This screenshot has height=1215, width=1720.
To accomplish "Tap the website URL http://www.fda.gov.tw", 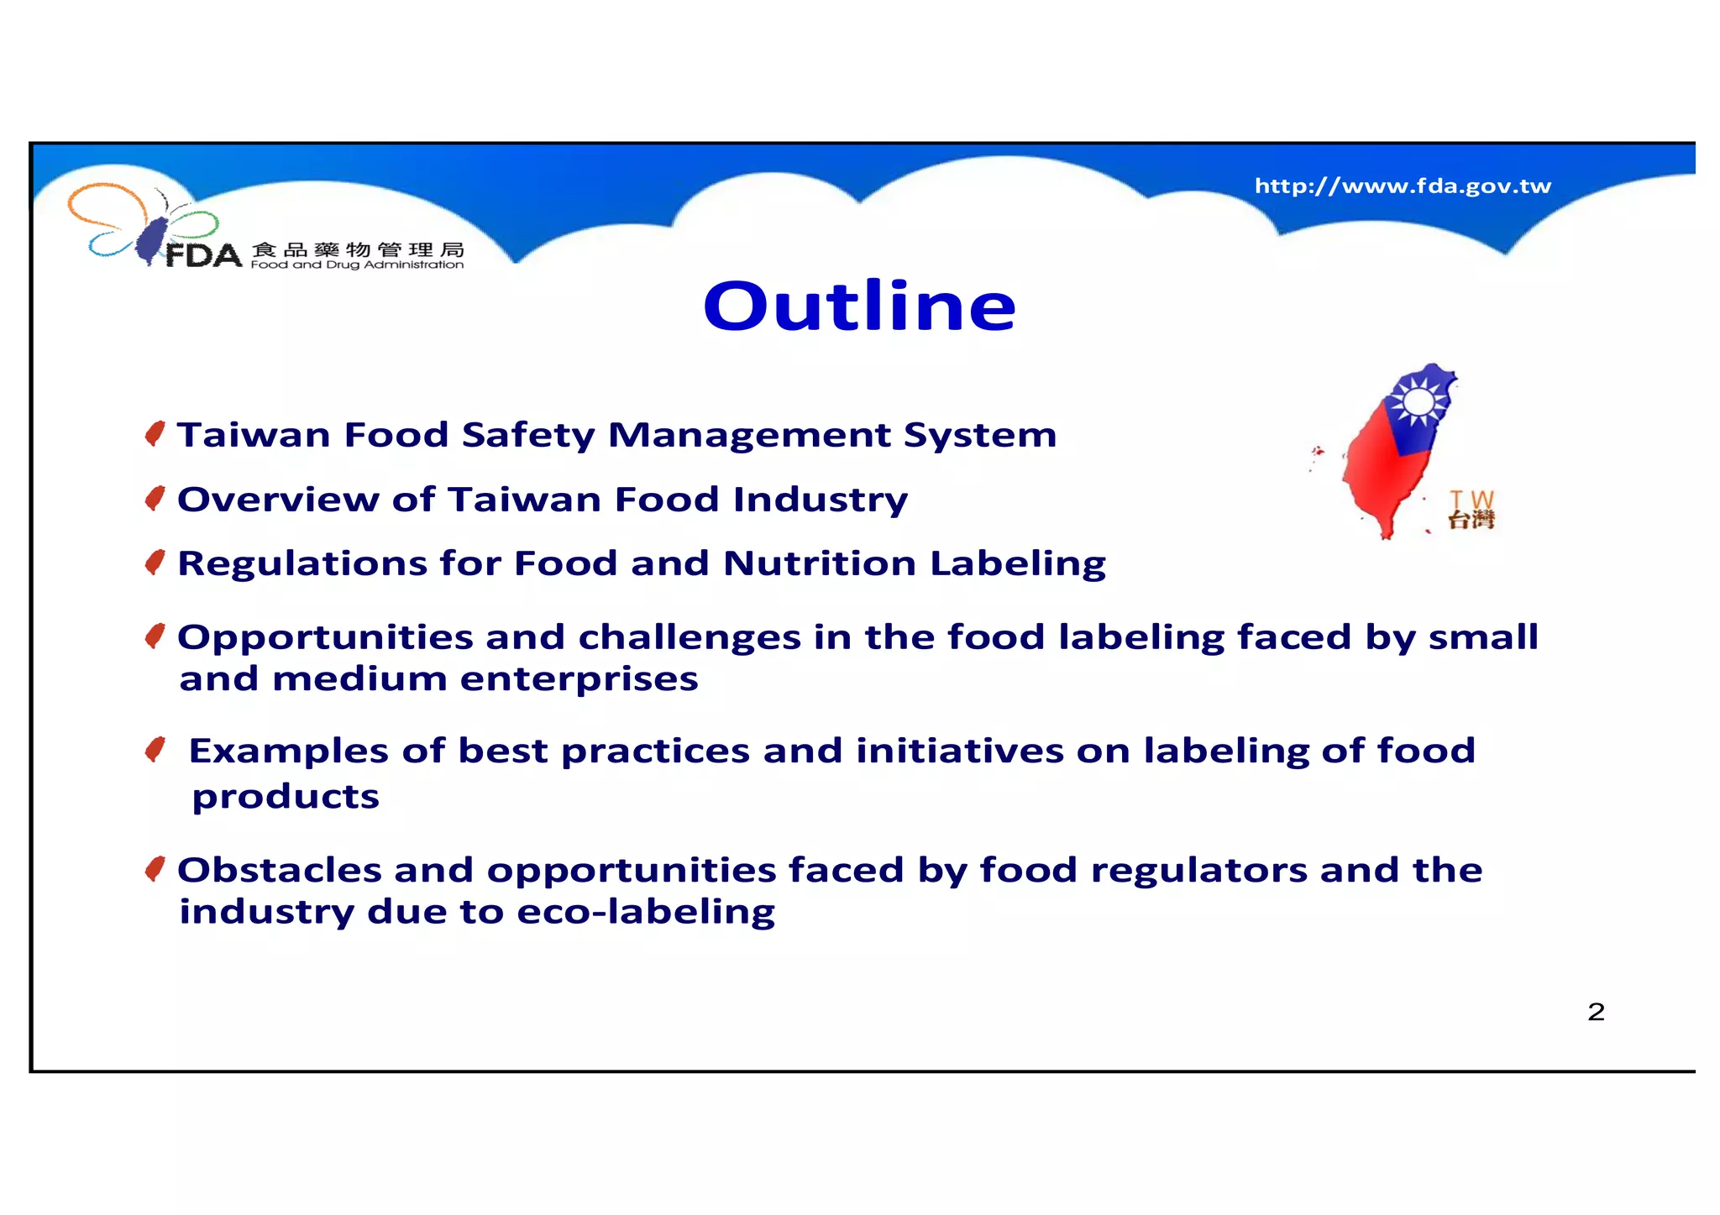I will point(1403,186).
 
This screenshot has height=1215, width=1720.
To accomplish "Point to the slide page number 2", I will point(1596,1012).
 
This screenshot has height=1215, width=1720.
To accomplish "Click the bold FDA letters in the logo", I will point(203,254).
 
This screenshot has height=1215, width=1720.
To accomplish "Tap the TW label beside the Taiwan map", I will point(1471,500).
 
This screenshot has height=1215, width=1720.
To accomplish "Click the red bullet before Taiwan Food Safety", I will point(155,434).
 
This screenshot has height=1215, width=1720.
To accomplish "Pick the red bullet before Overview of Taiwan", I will point(155,499).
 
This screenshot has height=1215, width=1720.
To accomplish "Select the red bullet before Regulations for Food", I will point(155,563).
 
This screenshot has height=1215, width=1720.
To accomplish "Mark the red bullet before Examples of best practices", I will point(155,749).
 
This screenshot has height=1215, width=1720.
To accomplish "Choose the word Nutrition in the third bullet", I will point(819,563).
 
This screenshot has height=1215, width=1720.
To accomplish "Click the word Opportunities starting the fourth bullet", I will point(325,638).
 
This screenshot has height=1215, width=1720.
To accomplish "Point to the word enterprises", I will point(579,679).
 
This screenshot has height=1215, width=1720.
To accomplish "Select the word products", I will point(286,797).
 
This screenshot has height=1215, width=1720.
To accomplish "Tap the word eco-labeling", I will point(645,912).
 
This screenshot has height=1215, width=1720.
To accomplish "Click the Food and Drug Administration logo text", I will point(357,264).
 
